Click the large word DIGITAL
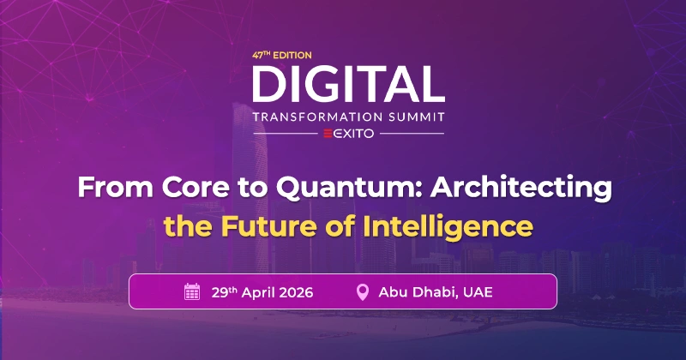(x=348, y=82)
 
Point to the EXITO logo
(x=348, y=135)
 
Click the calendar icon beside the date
(x=192, y=292)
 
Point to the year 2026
(x=297, y=292)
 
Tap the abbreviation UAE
(x=477, y=292)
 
